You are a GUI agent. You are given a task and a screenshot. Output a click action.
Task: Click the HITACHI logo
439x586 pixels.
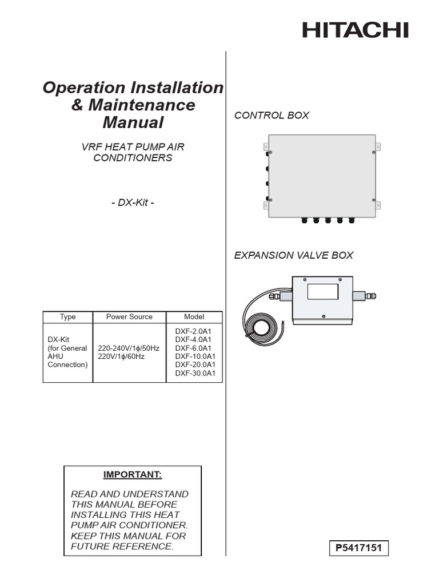[x=355, y=30]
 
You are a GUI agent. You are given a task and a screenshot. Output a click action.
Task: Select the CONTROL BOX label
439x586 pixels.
[x=272, y=116]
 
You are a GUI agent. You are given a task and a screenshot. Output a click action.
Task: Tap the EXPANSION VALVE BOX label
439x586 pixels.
[x=293, y=255]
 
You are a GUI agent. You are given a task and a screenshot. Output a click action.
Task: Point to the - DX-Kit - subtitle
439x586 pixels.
[x=133, y=203]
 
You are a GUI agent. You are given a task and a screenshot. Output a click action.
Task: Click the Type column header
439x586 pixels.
[x=67, y=316]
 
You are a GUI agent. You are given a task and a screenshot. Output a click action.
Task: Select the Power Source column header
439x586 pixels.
[x=129, y=316]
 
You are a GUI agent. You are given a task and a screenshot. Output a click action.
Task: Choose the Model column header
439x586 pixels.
[x=194, y=316]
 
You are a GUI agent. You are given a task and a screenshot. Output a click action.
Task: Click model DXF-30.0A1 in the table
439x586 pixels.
[x=194, y=374]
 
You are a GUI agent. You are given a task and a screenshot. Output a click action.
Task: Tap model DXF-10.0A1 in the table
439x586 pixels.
[x=194, y=357]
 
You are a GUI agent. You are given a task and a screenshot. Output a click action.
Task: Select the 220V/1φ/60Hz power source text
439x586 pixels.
[x=121, y=357]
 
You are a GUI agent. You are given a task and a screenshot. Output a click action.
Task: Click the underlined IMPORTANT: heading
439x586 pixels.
[x=132, y=475]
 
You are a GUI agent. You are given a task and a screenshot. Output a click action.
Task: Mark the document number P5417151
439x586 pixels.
[x=358, y=549]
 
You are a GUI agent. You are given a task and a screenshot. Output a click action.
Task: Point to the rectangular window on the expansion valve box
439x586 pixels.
[x=324, y=291]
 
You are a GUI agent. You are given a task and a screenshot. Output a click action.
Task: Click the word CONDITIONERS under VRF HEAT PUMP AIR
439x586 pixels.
[x=133, y=158]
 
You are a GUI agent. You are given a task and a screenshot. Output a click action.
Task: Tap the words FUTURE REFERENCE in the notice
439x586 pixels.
[x=122, y=547]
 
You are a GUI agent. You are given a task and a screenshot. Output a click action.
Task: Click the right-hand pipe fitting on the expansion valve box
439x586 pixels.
[x=364, y=296]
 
